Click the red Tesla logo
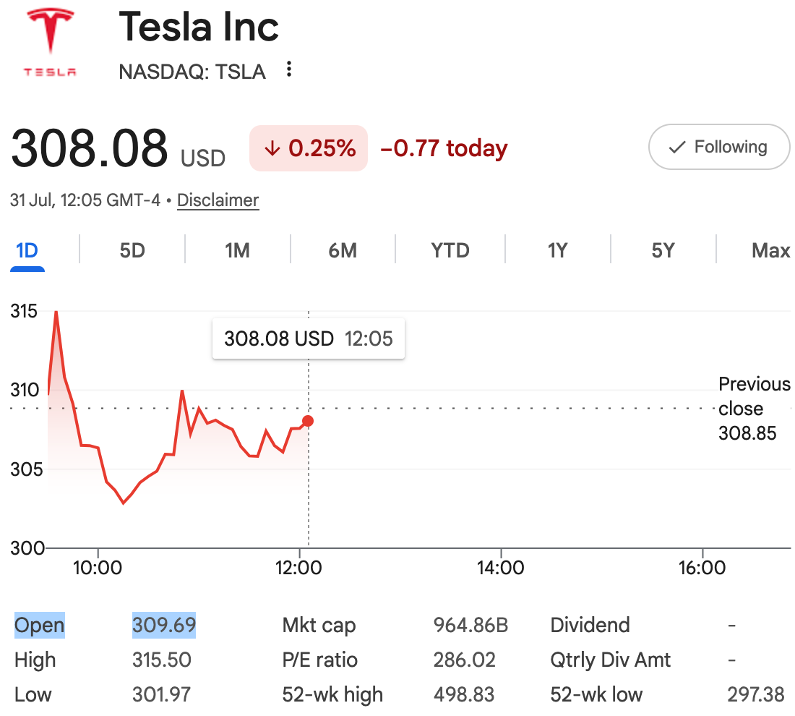pyautogui.click(x=50, y=43)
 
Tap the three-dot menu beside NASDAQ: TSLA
pyautogui.click(x=289, y=69)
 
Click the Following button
pyautogui.click(x=719, y=147)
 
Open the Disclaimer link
pyautogui.click(x=218, y=200)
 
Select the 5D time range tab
pyautogui.click(x=132, y=251)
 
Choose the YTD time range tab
pyautogui.click(x=450, y=251)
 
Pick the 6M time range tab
pyautogui.click(x=343, y=251)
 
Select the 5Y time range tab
pyautogui.click(x=663, y=251)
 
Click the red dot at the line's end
pyautogui.click(x=308, y=421)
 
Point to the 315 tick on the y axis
pyautogui.click(x=24, y=311)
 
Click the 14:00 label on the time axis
pyautogui.click(x=500, y=568)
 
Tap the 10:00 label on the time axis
pyautogui.click(x=98, y=568)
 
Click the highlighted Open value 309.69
pyautogui.click(x=164, y=625)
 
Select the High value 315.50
pyautogui.click(x=162, y=660)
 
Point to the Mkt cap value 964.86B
pyautogui.click(x=470, y=625)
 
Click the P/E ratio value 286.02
pyautogui.click(x=465, y=660)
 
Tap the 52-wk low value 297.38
pyautogui.click(x=756, y=695)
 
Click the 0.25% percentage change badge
pyautogui.click(x=309, y=148)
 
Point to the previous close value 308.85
pyautogui.click(x=747, y=433)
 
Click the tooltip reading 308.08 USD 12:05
pyautogui.click(x=309, y=338)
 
